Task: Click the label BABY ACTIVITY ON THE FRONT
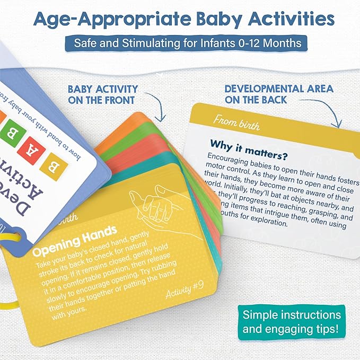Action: (103, 95)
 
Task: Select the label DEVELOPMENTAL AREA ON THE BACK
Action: (278, 95)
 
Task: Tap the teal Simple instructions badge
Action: (292, 322)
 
